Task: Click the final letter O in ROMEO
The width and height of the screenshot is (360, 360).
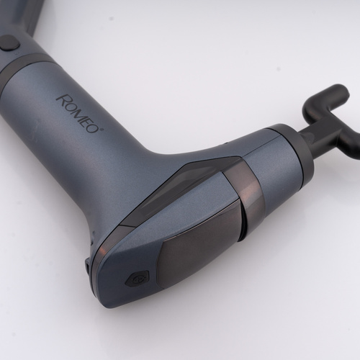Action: pyautogui.click(x=94, y=127)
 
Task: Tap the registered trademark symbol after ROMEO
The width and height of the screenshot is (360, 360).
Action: pyautogui.click(x=102, y=130)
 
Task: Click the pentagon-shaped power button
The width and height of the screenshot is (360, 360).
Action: pyautogui.click(x=137, y=279)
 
